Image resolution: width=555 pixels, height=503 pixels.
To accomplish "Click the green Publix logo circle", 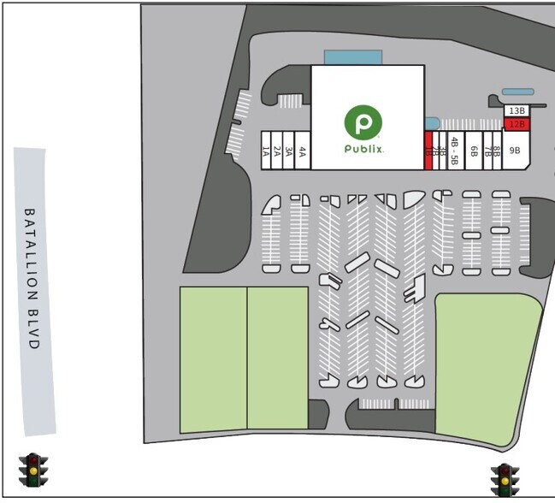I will (x=363, y=121).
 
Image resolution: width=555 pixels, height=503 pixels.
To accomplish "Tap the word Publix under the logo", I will (x=363, y=149).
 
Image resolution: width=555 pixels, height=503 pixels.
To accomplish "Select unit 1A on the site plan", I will (x=266, y=151).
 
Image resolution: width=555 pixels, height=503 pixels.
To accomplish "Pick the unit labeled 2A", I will (x=277, y=151).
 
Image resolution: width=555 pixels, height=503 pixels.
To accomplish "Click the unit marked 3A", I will (x=289, y=151).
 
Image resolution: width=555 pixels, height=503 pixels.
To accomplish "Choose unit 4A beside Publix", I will (x=302, y=151).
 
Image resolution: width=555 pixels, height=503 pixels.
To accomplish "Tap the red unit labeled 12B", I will (x=516, y=124).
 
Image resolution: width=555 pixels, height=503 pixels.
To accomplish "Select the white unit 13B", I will (x=516, y=111).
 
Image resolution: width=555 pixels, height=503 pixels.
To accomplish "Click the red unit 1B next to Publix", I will (x=428, y=151).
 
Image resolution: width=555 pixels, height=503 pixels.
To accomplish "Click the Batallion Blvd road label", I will (x=32, y=278).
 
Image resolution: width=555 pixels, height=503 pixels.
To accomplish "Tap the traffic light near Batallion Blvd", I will (x=33, y=470).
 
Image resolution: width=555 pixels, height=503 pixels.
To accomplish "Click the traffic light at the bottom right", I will (x=505, y=480).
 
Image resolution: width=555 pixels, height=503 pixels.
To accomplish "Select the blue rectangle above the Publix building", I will (x=352, y=57).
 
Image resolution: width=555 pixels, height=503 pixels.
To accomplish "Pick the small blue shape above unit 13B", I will (x=517, y=92).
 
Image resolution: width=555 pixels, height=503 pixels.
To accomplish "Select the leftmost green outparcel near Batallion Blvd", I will (x=213, y=359).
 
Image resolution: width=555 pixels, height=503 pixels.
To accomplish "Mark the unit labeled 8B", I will (x=496, y=151).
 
